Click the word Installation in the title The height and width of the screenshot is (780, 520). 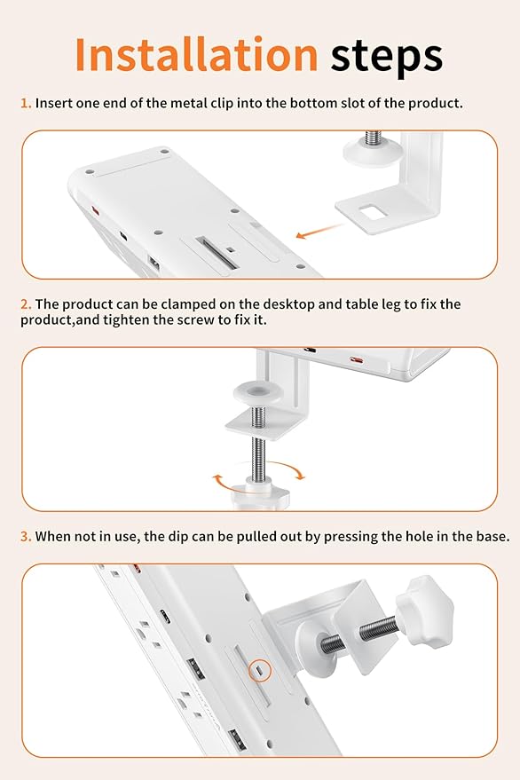pyautogui.click(x=195, y=55)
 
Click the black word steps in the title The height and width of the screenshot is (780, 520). pyautogui.click(x=386, y=57)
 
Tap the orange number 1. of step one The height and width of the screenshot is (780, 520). pyautogui.click(x=26, y=103)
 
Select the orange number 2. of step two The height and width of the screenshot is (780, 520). pyautogui.click(x=26, y=303)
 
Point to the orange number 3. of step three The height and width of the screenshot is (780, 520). pyautogui.click(x=26, y=537)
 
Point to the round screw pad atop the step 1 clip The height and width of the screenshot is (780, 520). pyautogui.click(x=366, y=150)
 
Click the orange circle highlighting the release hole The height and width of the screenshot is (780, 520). pyautogui.click(x=258, y=672)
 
